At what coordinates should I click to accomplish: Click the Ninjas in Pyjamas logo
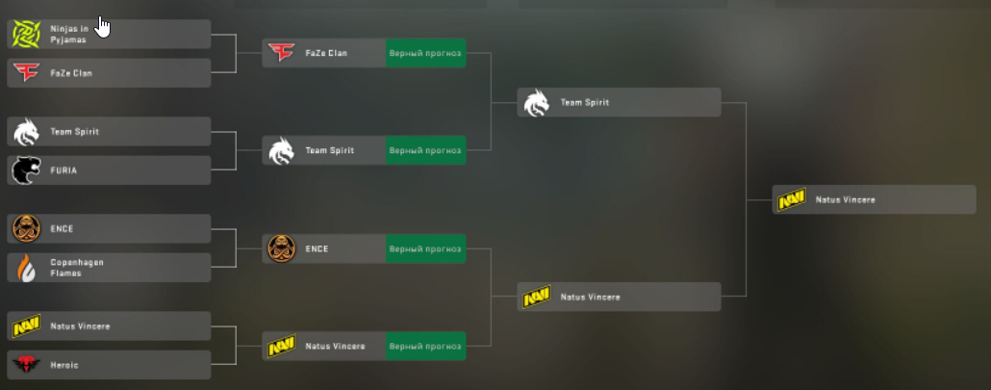[x=27, y=34]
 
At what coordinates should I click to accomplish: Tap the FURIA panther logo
[x=27, y=170]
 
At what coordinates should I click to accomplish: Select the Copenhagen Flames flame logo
[x=27, y=268]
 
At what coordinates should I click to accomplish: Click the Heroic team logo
[x=27, y=365]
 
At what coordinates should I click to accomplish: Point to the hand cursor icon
[x=102, y=27]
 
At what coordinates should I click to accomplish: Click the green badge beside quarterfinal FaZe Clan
[x=426, y=53]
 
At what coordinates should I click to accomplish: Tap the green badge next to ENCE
[x=426, y=249]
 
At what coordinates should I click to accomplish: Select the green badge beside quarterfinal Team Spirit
[x=426, y=150]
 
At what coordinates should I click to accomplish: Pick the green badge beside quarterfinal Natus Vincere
[x=426, y=347]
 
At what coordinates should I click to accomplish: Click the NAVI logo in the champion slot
[x=791, y=199]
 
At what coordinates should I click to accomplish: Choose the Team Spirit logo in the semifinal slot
[x=537, y=102]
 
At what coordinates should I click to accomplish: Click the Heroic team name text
[x=64, y=365]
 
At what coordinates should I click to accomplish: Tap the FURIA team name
[x=64, y=170]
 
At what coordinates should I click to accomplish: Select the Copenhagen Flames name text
[x=77, y=268]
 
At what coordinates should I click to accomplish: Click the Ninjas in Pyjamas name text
[x=69, y=34]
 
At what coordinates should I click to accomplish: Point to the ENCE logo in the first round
[x=27, y=229]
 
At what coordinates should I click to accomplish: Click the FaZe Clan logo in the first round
[x=27, y=72]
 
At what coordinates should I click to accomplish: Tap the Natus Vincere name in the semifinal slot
[x=591, y=298]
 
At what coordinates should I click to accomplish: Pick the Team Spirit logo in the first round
[x=27, y=132]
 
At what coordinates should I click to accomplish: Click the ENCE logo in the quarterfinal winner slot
[x=282, y=249]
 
